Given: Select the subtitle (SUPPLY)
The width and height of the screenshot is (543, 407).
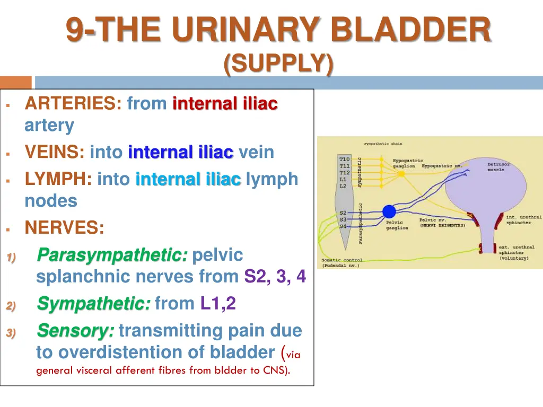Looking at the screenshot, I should (278, 65).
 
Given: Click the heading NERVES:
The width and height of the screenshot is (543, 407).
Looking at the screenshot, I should (64, 228).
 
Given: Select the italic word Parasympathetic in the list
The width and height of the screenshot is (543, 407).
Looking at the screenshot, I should (112, 255).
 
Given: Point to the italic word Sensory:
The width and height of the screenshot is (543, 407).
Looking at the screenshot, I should (75, 331).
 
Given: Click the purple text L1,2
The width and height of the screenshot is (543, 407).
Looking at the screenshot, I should (218, 304).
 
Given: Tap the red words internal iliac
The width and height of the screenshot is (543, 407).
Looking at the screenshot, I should (225, 103).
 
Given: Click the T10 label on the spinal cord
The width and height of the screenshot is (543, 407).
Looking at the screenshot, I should (344, 159).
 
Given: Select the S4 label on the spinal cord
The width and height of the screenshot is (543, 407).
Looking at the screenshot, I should (343, 226).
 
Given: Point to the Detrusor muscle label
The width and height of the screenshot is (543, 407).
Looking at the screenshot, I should (498, 167).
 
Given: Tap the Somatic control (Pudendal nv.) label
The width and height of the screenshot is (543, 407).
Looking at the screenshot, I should (341, 263).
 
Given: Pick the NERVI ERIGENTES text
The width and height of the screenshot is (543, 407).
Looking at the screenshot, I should (442, 226).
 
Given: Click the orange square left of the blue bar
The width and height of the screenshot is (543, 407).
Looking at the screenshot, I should (15, 82).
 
